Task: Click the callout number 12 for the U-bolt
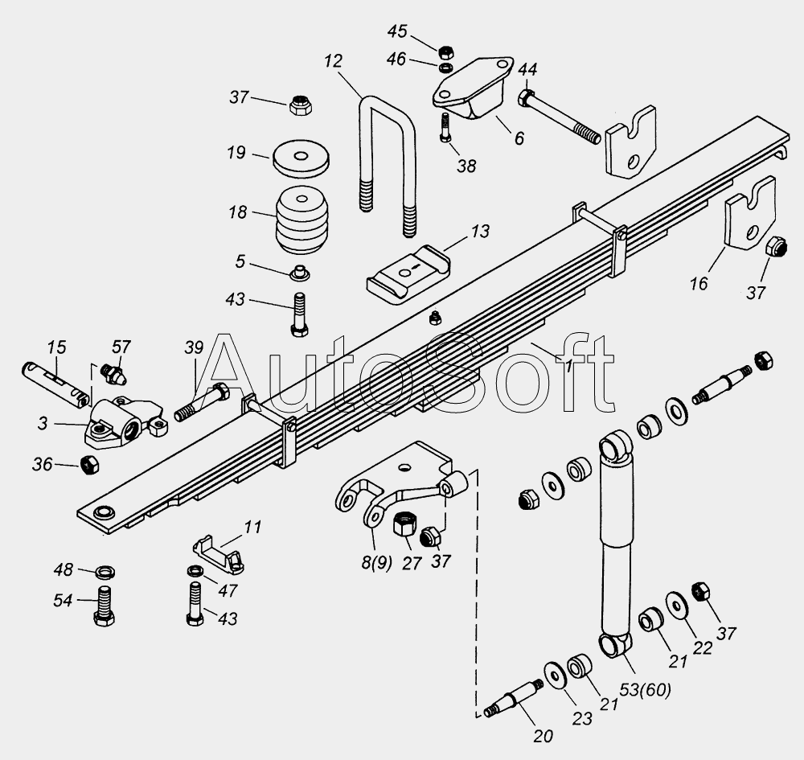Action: click(334, 61)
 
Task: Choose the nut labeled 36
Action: click(90, 465)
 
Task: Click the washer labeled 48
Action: click(105, 572)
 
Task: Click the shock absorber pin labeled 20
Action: click(515, 692)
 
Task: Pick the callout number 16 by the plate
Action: click(699, 283)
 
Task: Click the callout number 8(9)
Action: click(374, 563)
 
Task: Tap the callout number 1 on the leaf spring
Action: click(569, 366)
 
